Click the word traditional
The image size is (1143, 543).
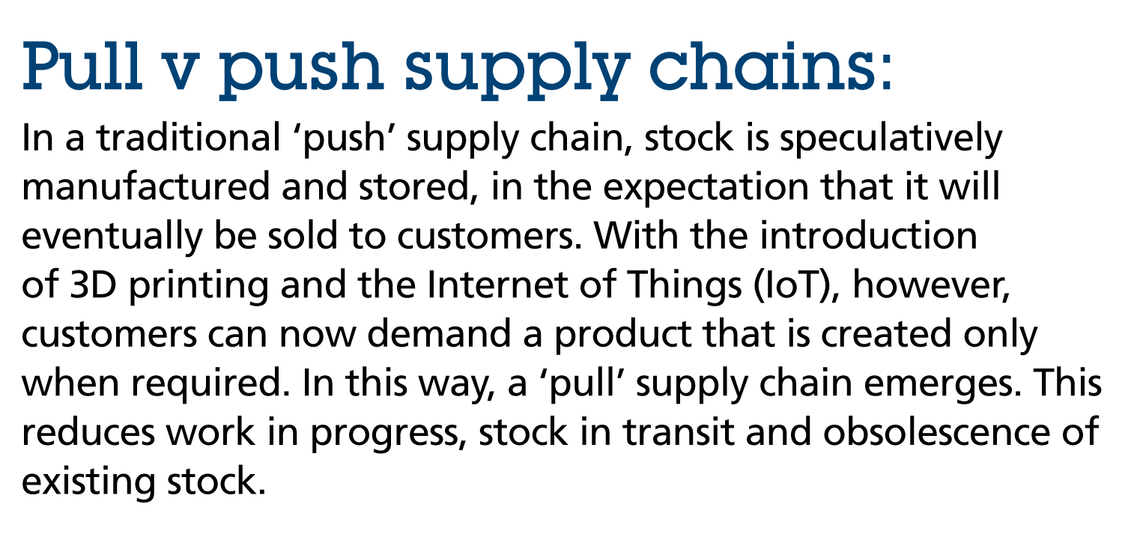[189, 138]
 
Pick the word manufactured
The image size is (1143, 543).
[145, 186]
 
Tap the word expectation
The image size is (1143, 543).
[706, 189]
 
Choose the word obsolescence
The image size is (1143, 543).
[936, 431]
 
